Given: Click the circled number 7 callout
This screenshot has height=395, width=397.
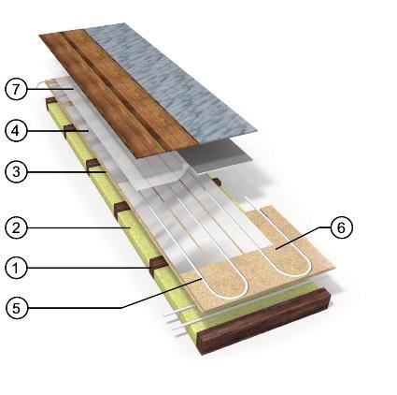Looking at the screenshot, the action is click(x=16, y=89).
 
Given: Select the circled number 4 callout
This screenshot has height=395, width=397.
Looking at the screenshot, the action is click(x=16, y=130).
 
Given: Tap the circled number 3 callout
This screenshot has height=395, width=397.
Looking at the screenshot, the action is click(x=16, y=171).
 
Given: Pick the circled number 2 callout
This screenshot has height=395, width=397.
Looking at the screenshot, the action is click(x=16, y=227).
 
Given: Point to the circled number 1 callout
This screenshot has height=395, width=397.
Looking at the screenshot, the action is click(x=16, y=268).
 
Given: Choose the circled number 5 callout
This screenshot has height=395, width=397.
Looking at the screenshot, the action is click(x=16, y=308).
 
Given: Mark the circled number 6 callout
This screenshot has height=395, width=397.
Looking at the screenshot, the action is click(x=341, y=227).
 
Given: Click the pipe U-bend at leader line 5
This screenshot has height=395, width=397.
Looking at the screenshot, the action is click(x=224, y=288).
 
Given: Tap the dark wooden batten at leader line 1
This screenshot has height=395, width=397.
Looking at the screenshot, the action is click(x=158, y=266).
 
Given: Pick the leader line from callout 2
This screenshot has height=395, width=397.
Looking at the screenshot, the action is click(x=78, y=227).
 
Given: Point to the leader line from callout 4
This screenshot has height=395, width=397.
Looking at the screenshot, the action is click(x=58, y=130).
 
